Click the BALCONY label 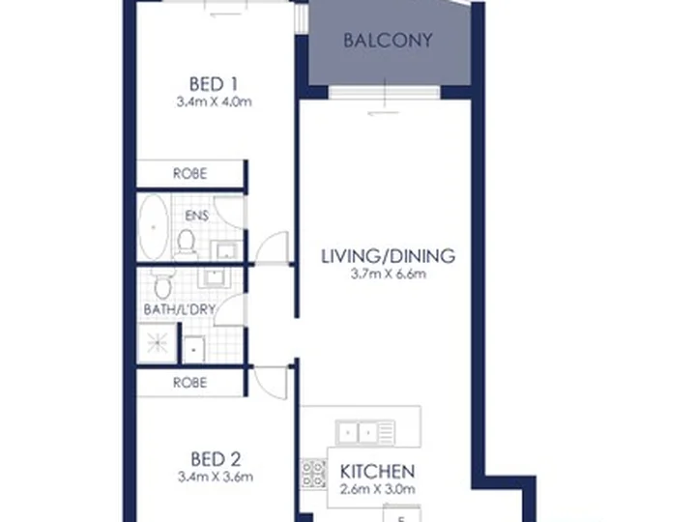point(388,41)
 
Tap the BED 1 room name point(214,84)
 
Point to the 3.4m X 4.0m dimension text point(214,102)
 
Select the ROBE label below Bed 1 point(190,174)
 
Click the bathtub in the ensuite point(154,227)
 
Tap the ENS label point(196,216)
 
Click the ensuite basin point(226,250)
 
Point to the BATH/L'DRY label point(180,310)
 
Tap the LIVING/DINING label point(388,256)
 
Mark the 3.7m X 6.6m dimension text point(389,275)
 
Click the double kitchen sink point(365,432)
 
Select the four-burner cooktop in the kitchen point(313,474)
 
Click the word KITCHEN point(377,472)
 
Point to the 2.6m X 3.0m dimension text point(377,489)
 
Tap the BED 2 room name point(216,459)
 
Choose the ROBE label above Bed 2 point(190,383)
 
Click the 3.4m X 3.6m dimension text point(216,478)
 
